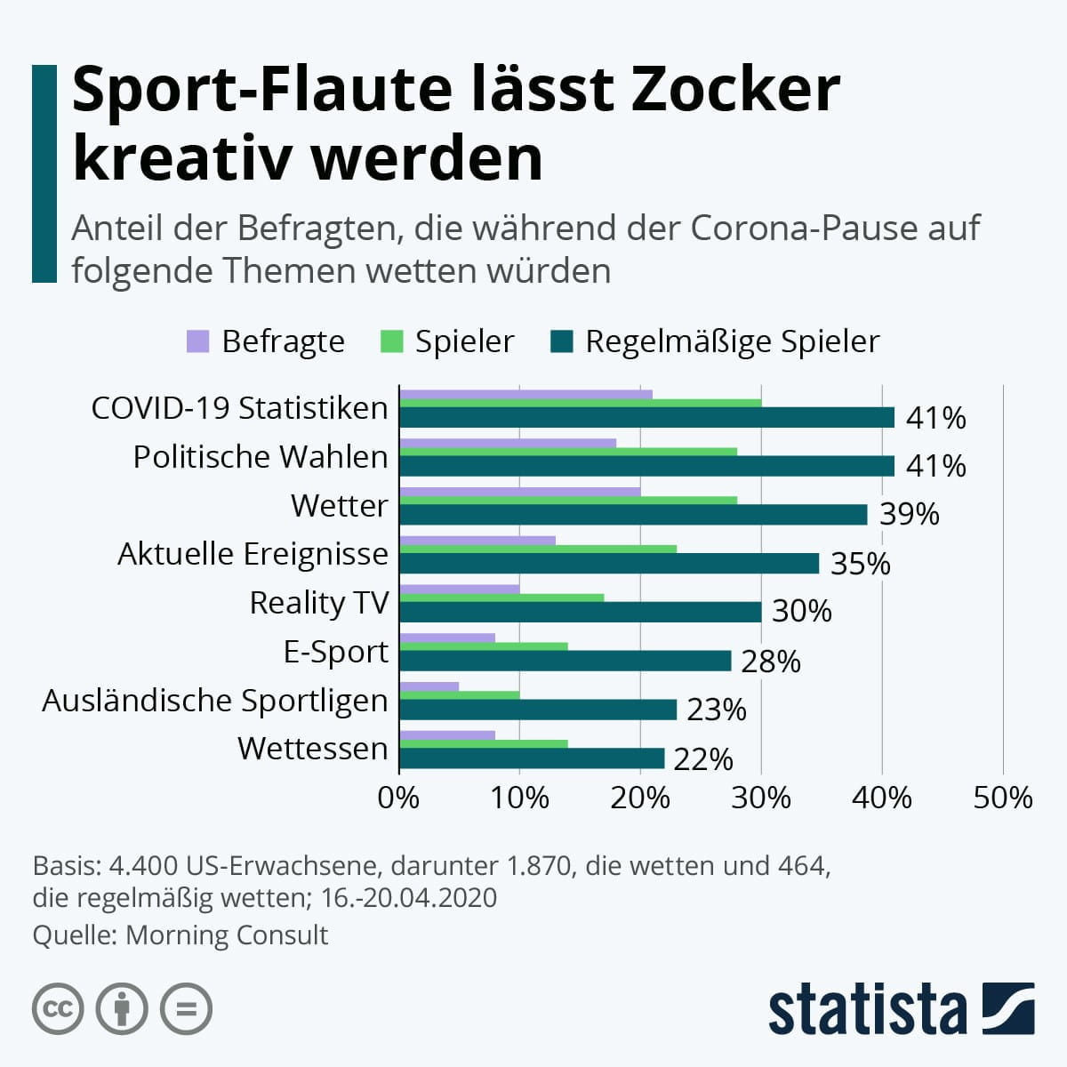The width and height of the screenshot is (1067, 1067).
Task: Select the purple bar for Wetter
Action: coord(520,492)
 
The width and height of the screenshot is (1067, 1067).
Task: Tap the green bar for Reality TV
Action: coord(502,598)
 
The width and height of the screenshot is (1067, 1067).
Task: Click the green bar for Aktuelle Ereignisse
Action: coord(538,549)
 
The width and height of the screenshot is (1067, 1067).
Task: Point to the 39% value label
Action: coord(909,514)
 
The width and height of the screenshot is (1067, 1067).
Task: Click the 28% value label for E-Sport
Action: coord(770,662)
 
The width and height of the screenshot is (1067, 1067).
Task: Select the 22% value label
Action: coord(703,759)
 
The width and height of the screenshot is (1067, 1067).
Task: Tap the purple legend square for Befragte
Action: coord(197,341)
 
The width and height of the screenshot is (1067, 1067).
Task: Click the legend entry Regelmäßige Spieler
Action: coord(731,341)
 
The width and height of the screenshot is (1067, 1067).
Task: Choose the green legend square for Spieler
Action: coord(391,341)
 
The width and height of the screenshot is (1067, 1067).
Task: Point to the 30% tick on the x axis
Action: coord(761,798)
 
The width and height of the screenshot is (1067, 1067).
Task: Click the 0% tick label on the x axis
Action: coord(398,798)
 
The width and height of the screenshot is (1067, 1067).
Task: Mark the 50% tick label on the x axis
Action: coord(1003,798)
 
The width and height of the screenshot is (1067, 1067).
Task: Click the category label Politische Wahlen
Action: coord(261,457)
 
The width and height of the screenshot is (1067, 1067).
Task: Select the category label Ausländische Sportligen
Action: coord(215,701)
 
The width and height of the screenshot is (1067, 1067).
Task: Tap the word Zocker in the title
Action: coord(734,89)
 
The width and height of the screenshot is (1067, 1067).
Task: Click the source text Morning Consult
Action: coord(227,935)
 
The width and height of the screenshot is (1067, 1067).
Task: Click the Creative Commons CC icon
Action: coord(58,1009)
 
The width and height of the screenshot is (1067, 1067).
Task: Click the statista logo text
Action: coord(867,1010)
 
